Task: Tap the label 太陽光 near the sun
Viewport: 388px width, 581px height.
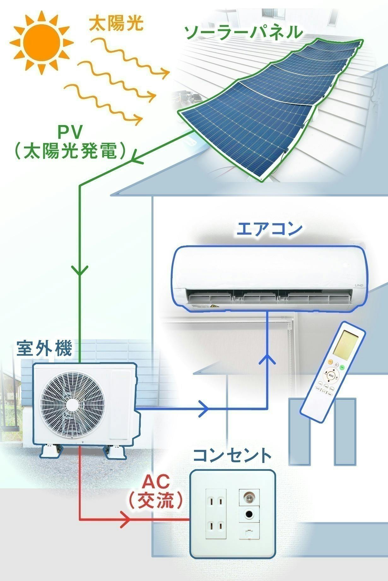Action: [116, 24]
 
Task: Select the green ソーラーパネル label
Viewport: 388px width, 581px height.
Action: [243, 33]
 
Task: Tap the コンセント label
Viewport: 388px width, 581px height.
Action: [232, 455]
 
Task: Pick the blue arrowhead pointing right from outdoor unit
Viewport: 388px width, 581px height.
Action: [204, 409]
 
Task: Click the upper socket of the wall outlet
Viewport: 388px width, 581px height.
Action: [216, 501]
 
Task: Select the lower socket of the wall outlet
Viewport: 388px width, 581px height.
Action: [216, 526]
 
